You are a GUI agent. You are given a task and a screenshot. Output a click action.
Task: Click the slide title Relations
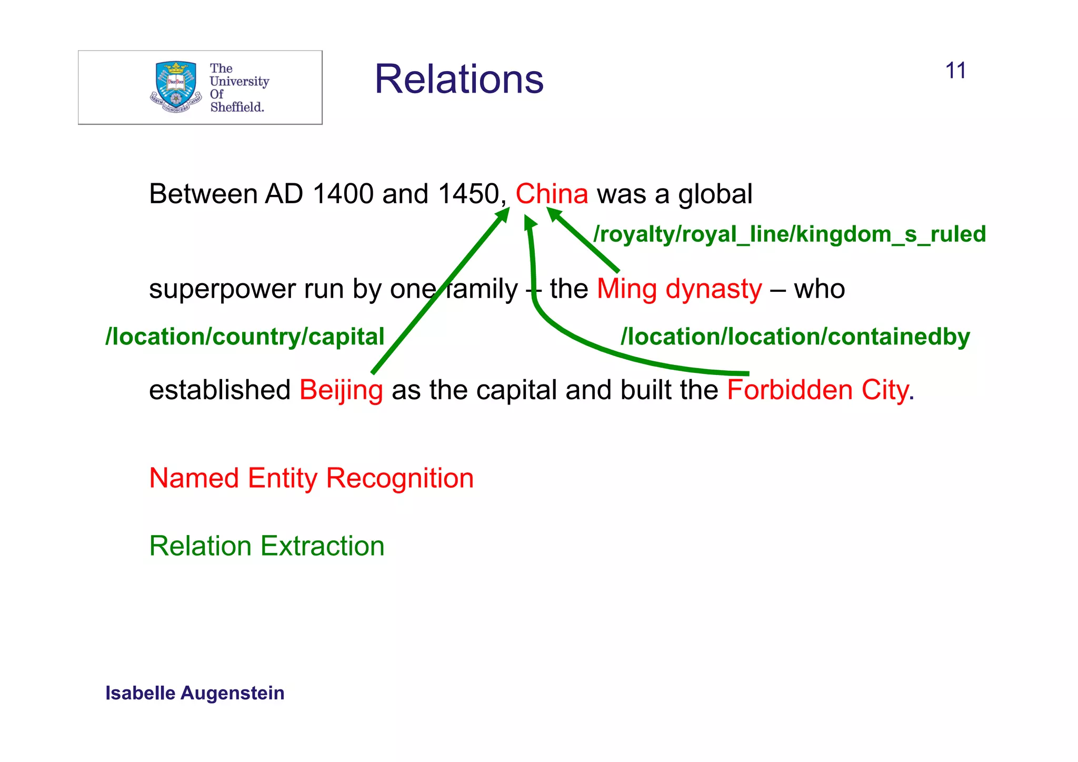458,80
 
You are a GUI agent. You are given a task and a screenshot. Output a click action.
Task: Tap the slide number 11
955,71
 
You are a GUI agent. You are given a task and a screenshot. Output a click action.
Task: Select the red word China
551,194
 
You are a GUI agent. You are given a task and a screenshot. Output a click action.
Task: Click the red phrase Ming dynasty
679,289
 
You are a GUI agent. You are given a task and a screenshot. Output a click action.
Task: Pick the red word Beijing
341,390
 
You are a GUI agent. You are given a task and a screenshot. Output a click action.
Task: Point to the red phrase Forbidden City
817,390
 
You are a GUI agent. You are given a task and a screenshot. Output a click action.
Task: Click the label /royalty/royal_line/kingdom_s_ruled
789,234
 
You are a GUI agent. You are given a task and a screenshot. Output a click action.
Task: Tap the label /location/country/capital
245,337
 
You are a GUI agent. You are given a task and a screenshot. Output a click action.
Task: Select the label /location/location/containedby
795,337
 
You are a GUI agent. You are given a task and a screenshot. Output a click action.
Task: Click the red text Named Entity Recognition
311,478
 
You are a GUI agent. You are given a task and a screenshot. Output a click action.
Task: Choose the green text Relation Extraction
266,546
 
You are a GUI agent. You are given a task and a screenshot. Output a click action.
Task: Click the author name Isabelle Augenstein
195,693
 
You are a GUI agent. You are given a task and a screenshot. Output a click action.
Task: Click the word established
219,390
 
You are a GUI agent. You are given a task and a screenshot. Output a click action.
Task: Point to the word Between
202,194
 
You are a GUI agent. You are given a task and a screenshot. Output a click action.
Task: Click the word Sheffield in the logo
236,107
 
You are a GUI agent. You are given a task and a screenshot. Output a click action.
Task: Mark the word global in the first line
715,194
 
